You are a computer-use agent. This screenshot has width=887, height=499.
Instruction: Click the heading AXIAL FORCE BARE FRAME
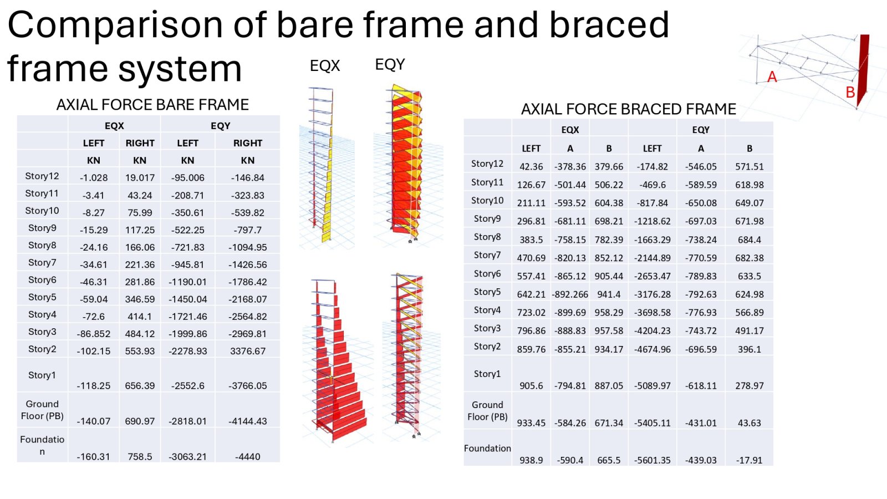[x=152, y=105]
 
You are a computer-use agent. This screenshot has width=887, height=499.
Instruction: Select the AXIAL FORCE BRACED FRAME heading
[x=629, y=109]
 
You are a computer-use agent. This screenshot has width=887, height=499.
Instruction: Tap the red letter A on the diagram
[x=772, y=77]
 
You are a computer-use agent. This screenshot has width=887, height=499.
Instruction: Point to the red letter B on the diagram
[x=850, y=92]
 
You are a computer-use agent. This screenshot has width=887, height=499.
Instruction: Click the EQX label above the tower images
[x=325, y=66]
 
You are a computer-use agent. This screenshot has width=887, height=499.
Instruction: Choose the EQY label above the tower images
[x=390, y=64]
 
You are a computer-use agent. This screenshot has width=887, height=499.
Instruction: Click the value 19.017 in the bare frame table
[x=140, y=178]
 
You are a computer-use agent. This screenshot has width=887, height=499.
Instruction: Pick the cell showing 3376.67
[x=248, y=351]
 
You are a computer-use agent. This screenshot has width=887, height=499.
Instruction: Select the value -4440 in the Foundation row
[x=248, y=457]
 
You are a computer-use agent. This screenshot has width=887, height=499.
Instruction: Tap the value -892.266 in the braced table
[x=570, y=294]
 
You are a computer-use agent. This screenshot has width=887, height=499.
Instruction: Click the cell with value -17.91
[x=749, y=460]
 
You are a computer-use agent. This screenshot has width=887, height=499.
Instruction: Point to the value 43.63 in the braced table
[x=749, y=423]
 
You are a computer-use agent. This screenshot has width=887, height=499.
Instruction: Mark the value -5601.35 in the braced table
[x=652, y=460]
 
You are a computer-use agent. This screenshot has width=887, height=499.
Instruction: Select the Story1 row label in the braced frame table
[x=487, y=374]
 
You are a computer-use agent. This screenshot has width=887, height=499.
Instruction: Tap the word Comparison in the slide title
[x=115, y=26]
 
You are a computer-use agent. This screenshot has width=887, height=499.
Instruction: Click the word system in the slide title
[x=180, y=69]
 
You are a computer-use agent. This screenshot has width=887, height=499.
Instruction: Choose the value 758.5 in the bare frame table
[x=140, y=457]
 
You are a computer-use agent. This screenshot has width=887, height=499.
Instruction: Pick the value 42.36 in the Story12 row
[x=531, y=167]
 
